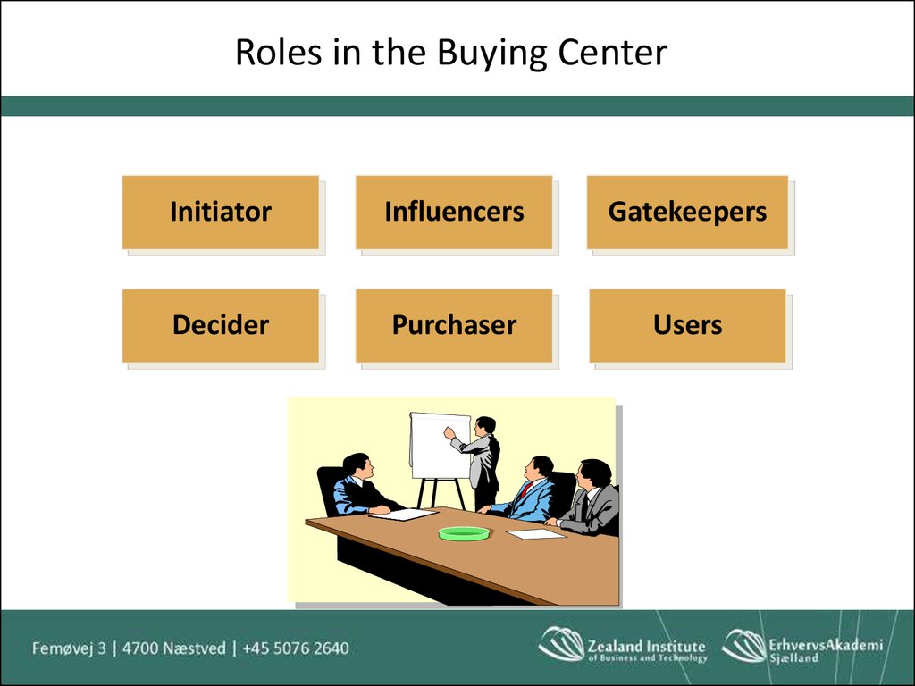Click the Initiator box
pos(221,213)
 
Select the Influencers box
pos(454,213)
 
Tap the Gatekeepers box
pos(687,213)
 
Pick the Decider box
pos(221,325)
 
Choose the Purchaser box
pos(454,325)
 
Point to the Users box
pos(687,325)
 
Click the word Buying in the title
pos(492,54)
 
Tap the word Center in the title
pos(612,52)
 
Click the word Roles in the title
pos(279,52)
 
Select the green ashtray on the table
pos(465,533)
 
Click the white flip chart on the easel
pos(440,445)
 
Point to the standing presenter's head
pos(485,426)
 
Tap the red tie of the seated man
pos(525,490)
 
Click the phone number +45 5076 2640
pos(295,648)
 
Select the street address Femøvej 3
pos(70,648)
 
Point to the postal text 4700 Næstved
pos(174,648)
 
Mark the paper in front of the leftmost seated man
pos(404,514)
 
